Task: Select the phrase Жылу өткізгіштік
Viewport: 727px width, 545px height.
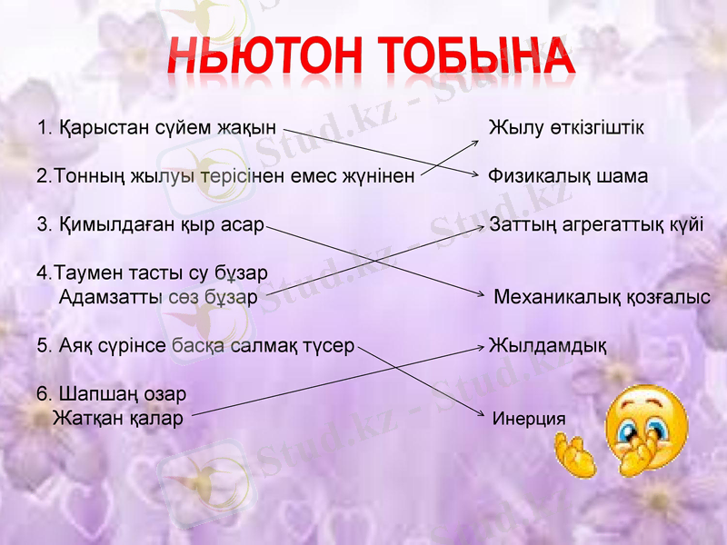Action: click(566, 128)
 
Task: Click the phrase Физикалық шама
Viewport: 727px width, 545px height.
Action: click(568, 176)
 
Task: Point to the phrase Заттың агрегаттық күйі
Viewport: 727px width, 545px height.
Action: click(596, 224)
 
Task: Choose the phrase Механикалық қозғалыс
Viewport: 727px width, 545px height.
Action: click(602, 296)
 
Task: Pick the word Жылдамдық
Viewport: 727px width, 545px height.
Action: click(548, 345)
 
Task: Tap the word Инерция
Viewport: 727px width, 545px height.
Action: click(528, 419)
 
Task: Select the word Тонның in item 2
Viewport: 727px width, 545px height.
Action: click(83, 176)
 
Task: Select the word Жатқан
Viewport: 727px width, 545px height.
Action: click(85, 419)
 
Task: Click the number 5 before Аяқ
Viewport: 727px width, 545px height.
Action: click(42, 345)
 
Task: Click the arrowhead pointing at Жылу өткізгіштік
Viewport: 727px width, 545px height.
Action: click(481, 142)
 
